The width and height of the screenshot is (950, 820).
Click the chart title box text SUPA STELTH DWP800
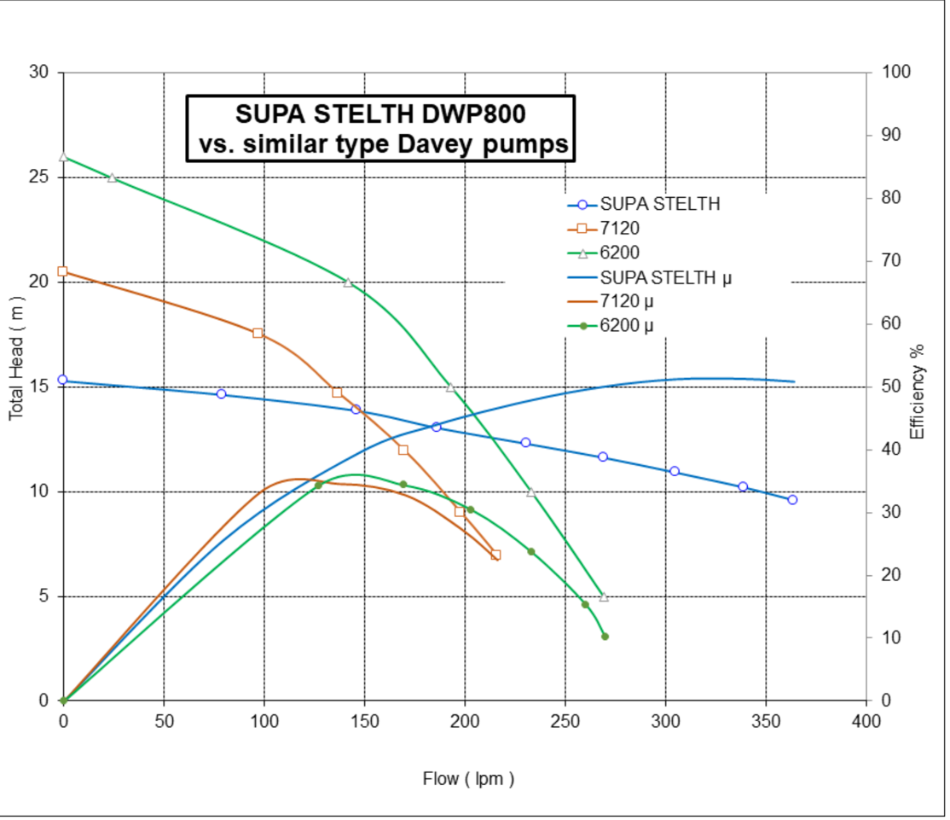click(380, 113)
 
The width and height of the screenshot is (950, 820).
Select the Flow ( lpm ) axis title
click(468, 778)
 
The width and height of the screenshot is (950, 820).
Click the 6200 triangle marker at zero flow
click(63, 157)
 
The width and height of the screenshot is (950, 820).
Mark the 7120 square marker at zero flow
click(63, 271)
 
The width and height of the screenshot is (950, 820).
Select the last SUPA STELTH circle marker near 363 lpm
click(792, 500)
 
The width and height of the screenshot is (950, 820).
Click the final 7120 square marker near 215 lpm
click(495, 555)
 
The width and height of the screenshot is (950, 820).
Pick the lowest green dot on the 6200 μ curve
click(605, 637)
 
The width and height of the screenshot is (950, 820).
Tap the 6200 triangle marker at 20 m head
click(348, 282)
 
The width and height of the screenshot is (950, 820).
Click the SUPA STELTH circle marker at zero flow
click(63, 380)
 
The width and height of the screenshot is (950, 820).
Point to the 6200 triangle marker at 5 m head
click(604, 596)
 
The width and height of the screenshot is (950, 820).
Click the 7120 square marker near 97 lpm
click(258, 333)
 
